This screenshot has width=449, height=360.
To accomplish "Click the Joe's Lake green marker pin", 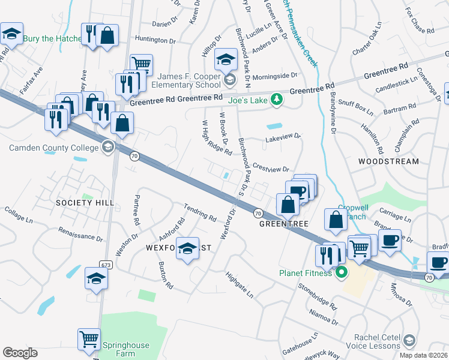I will coord(277,99).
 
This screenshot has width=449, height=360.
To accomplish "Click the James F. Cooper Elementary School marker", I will coord(228,80).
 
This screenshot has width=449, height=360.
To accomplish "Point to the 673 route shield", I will coord(106,264).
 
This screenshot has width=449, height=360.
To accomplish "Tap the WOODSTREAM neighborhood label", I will coord(388,162).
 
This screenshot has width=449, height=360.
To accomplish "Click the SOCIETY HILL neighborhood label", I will coord(85,203).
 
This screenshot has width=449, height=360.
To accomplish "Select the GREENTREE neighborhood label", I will coord(283,224).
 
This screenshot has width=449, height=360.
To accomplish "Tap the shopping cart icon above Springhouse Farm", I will coord(89,340).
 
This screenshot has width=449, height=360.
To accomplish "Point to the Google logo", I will coord(20,353).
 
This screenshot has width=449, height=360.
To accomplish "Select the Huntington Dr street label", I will coord(155,40).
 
